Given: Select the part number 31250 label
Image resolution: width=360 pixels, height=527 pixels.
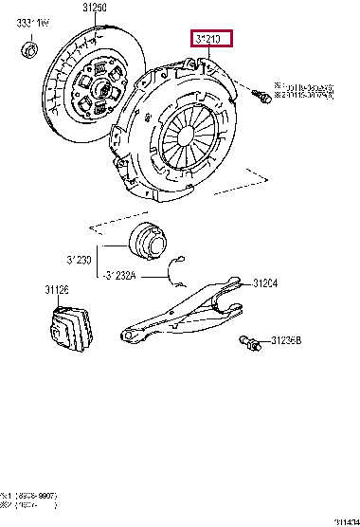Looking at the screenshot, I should (x=96, y=8).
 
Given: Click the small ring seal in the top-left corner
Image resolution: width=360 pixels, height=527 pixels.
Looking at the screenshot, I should (x=29, y=47).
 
